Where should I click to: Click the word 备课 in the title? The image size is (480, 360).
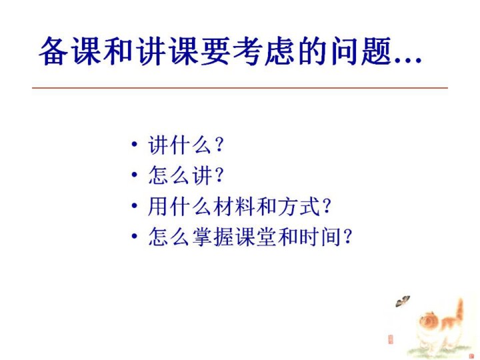[x=70, y=51]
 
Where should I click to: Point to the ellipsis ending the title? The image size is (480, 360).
[x=408, y=61]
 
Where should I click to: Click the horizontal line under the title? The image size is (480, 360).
[x=240, y=88]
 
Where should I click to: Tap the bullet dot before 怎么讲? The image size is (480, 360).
[x=134, y=175]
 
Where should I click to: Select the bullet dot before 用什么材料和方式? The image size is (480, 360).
[x=134, y=205]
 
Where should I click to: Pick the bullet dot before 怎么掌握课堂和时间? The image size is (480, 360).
[x=134, y=236]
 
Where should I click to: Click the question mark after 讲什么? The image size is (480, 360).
[x=219, y=145]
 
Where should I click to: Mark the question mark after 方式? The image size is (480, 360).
[x=327, y=206]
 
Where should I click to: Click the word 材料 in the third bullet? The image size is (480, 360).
[x=235, y=206]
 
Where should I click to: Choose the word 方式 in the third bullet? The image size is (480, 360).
[x=299, y=206]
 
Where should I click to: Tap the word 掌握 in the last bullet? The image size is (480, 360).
[x=213, y=237]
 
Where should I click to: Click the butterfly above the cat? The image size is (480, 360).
[x=403, y=301]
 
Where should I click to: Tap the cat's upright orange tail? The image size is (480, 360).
[x=459, y=310]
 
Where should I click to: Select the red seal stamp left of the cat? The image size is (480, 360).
[x=390, y=339]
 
